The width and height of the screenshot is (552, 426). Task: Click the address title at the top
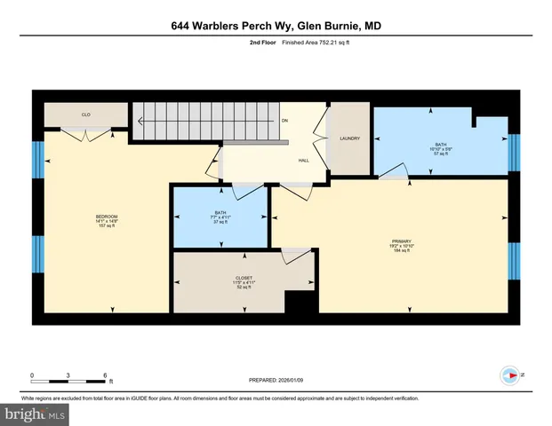click(x=276, y=27)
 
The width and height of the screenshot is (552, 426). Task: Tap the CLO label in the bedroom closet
click(x=86, y=114)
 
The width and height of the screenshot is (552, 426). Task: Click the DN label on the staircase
click(x=284, y=122)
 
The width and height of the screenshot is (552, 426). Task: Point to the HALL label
click(x=303, y=161)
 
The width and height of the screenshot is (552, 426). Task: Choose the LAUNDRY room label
click(x=348, y=138)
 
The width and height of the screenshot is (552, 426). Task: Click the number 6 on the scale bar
click(x=106, y=375)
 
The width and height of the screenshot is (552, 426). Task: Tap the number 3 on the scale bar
click(x=69, y=375)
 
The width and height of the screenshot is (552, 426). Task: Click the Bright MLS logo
click(x=35, y=414)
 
